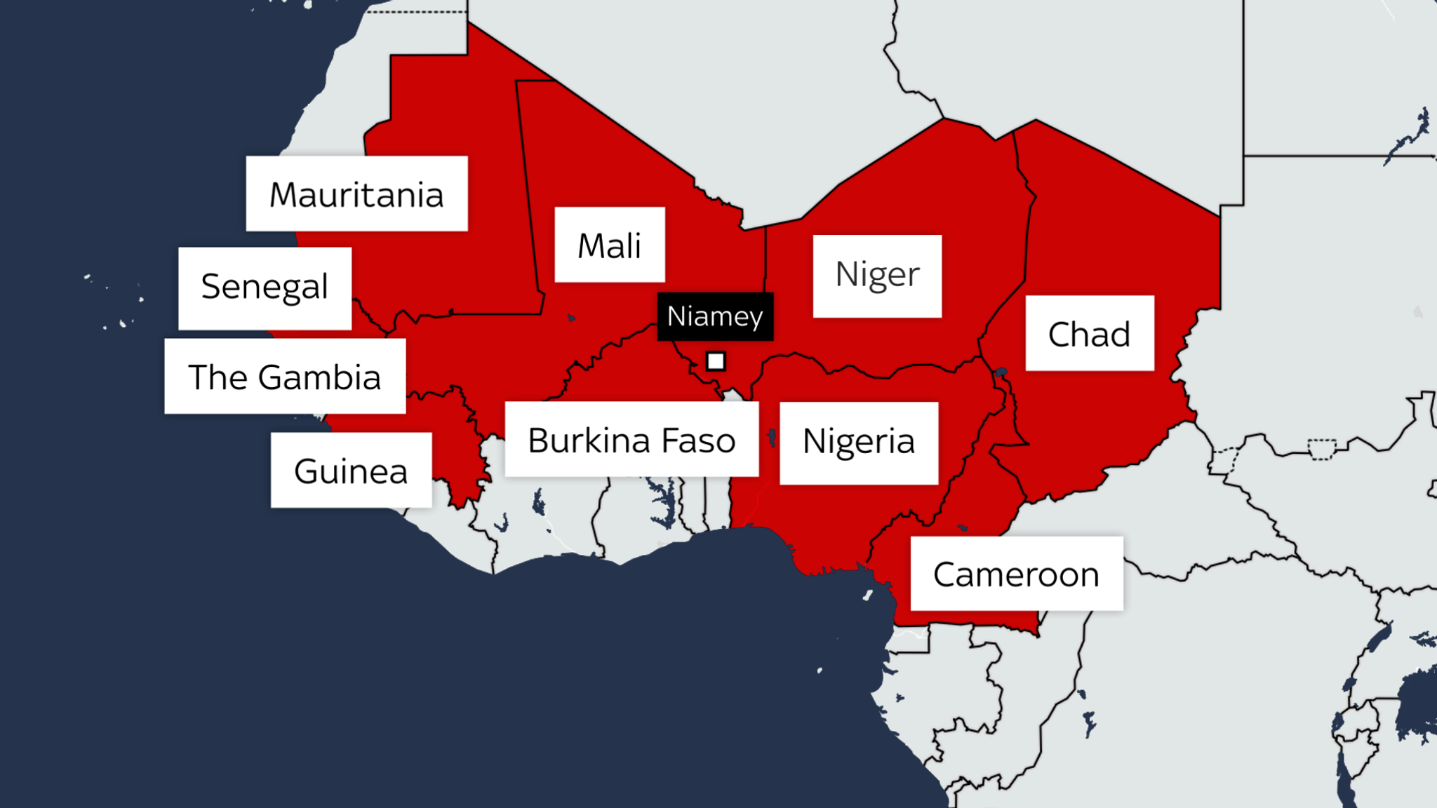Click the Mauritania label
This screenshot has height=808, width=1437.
point(356,194)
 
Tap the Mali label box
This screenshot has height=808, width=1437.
point(609,245)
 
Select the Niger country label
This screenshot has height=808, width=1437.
point(877,276)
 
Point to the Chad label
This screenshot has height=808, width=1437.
point(1089,334)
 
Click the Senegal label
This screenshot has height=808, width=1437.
point(265,288)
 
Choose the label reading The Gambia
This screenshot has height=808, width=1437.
point(285,377)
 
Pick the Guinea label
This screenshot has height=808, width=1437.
point(351,471)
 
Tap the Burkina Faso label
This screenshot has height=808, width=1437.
point(631,440)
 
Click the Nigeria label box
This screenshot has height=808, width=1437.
point(858,443)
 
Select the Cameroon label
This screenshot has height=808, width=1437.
point(1016,574)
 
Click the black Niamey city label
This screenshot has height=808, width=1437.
point(715,316)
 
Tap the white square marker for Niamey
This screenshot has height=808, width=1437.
point(715,361)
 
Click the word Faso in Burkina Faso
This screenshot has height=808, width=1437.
point(698,440)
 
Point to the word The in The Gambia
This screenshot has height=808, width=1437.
point(218,377)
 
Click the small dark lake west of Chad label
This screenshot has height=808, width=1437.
point(1001,372)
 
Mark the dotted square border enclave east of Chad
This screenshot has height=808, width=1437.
point(1322,450)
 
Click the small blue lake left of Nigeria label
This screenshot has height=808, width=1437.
point(772,438)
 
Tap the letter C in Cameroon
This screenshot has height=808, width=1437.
point(947,575)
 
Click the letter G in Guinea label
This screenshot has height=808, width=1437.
point(307,471)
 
